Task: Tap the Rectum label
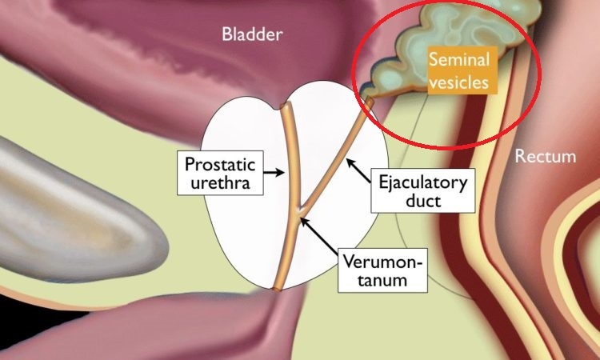pyautogui.click(x=545, y=155)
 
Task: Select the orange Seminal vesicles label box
pyautogui.click(x=458, y=70)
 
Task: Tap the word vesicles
pyautogui.click(x=458, y=81)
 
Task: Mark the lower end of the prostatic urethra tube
pyautogui.click(x=276, y=288)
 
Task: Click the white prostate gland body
pyautogui.click(x=240, y=232)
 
